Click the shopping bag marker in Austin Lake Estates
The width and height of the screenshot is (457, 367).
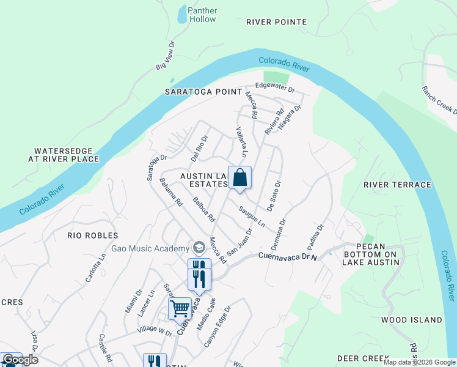(x=239, y=177)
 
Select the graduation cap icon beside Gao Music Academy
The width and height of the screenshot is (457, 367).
(x=198, y=248)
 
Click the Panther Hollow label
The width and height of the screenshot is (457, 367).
(x=202, y=15)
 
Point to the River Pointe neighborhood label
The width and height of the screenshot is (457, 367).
(x=276, y=22)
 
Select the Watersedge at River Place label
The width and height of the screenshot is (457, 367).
(x=67, y=155)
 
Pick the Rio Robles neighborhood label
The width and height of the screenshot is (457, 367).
(x=93, y=235)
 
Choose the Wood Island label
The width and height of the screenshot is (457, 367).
(x=411, y=320)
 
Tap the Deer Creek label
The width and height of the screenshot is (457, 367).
(x=363, y=358)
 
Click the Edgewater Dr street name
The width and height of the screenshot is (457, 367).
(x=275, y=87)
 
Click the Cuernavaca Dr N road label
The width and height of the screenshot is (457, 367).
(x=288, y=256)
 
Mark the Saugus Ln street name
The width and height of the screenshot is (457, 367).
(x=251, y=217)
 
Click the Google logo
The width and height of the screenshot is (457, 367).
(x=20, y=360)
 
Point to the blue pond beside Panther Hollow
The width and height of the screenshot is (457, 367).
(x=182, y=14)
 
